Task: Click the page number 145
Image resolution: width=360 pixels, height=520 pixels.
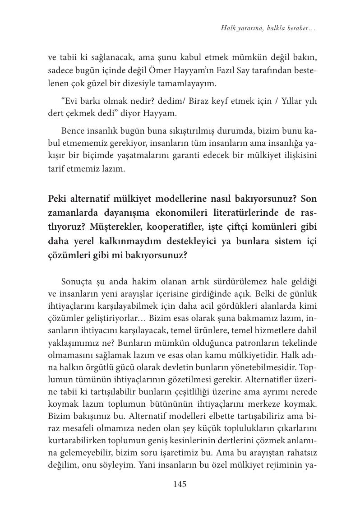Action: coord(180,484)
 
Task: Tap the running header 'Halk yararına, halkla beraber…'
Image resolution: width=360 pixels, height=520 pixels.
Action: coord(268,28)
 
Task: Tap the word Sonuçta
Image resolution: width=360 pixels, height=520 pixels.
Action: coord(75,282)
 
